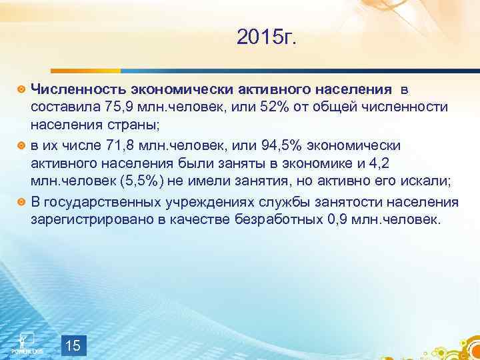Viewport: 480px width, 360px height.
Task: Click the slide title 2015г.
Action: click(269, 39)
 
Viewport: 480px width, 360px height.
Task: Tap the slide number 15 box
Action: click(74, 345)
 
